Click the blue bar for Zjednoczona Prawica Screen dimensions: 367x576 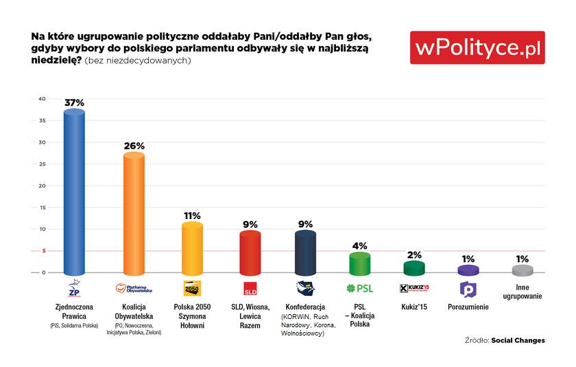74,192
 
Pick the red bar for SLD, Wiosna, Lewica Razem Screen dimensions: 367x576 250,252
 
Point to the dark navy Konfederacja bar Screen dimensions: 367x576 305,252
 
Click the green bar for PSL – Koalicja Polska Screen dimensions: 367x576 360,263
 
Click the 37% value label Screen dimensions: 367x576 74,103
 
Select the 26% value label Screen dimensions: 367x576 134,146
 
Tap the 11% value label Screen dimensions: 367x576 192,216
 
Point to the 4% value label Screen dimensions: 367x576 360,245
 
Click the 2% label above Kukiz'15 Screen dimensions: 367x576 415,255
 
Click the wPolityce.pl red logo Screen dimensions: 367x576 477,48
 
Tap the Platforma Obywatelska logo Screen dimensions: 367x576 134,288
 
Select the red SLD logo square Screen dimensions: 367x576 250,288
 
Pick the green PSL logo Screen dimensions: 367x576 360,288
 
